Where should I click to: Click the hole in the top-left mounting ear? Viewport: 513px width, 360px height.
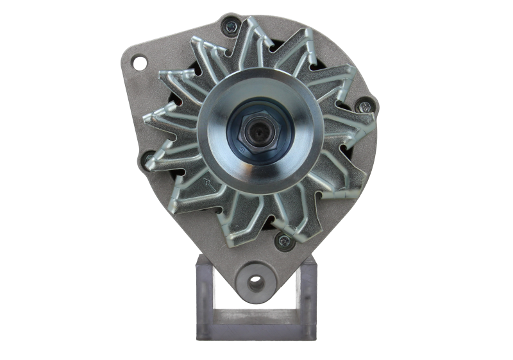coord(138,63)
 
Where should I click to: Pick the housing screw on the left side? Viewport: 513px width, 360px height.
coord(148,157)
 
